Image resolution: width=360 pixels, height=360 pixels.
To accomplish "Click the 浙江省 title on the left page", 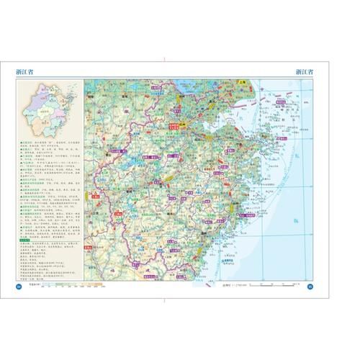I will click(28, 71).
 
